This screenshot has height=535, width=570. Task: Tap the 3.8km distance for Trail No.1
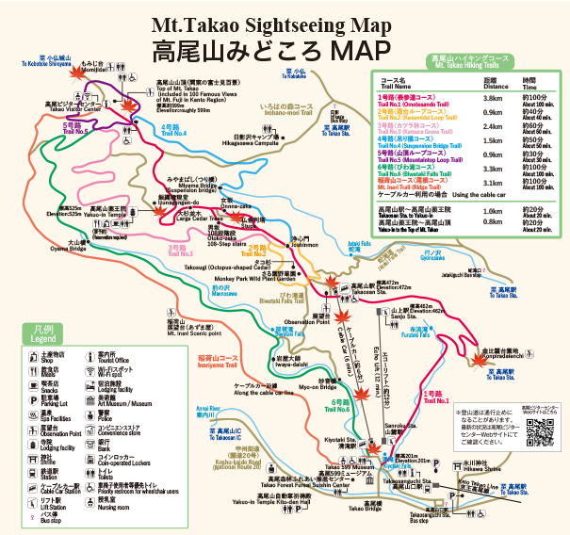click(490, 98)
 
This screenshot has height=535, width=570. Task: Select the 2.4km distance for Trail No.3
click(490, 124)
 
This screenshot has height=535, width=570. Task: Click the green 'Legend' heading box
click(41, 335)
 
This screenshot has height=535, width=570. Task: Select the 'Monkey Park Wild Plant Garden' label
click(253, 280)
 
